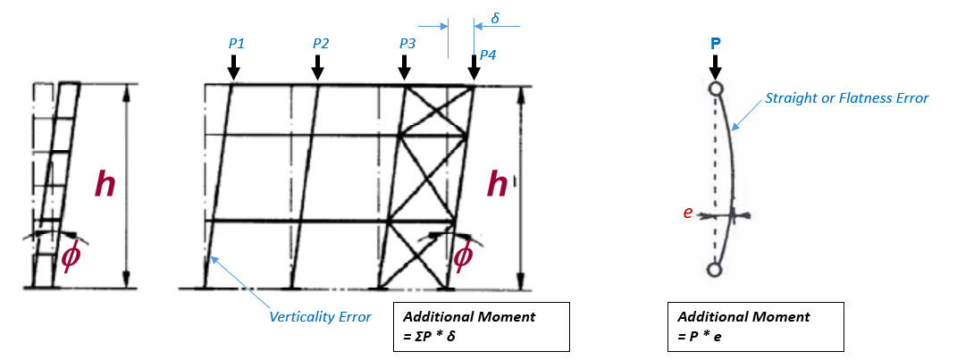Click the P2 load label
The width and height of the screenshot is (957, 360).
coord(321,43)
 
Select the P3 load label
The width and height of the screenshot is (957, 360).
coord(407,43)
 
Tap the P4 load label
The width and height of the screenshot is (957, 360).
coord(487,55)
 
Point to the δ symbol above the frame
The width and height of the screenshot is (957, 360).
coord(496,18)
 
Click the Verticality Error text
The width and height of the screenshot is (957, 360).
coord(320,316)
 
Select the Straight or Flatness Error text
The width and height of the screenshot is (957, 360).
coord(847,97)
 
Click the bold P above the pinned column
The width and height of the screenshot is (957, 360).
coord(714,43)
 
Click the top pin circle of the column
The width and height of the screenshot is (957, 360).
coord(714,89)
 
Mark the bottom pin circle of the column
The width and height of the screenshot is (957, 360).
coord(714,269)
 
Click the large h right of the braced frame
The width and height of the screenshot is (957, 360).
coord(498,185)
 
